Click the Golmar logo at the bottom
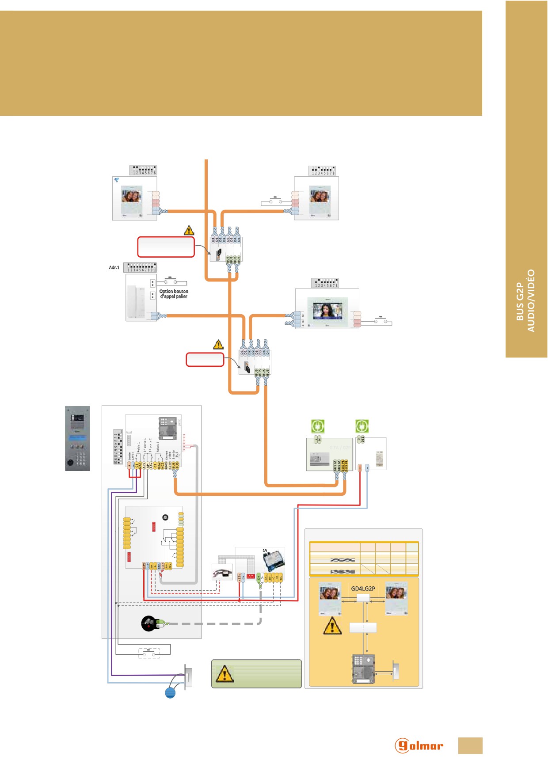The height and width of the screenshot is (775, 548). [x=419, y=745]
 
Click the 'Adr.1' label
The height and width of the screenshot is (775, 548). [x=114, y=267]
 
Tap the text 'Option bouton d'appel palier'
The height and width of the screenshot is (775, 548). [x=174, y=294]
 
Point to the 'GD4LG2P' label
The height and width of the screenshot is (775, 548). [x=363, y=589]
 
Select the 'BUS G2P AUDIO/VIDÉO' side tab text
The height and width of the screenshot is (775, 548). [x=526, y=300]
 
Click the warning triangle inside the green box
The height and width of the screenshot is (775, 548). [x=224, y=674]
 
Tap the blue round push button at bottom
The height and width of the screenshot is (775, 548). [x=170, y=692]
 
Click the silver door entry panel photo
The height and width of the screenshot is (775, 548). [x=77, y=438]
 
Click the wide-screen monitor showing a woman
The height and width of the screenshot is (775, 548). [x=327, y=311]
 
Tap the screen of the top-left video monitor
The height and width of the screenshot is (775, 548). [x=131, y=196]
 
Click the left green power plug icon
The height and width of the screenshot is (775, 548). [x=318, y=426]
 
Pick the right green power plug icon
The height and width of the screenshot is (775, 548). [x=362, y=426]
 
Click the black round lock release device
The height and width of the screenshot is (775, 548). [x=148, y=623]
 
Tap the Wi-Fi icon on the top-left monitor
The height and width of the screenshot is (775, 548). [x=117, y=180]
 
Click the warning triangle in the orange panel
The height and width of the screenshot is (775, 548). [x=332, y=626]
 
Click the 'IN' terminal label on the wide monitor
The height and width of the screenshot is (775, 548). [x=303, y=315]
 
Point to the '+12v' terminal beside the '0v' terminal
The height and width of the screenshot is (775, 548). [x=239, y=577]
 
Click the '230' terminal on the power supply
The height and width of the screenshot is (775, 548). [x=362, y=439]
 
